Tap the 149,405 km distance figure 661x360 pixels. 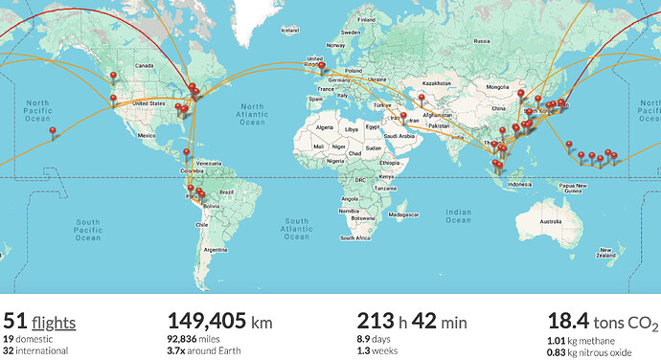click(219, 322)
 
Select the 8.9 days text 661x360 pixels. click(376, 339)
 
